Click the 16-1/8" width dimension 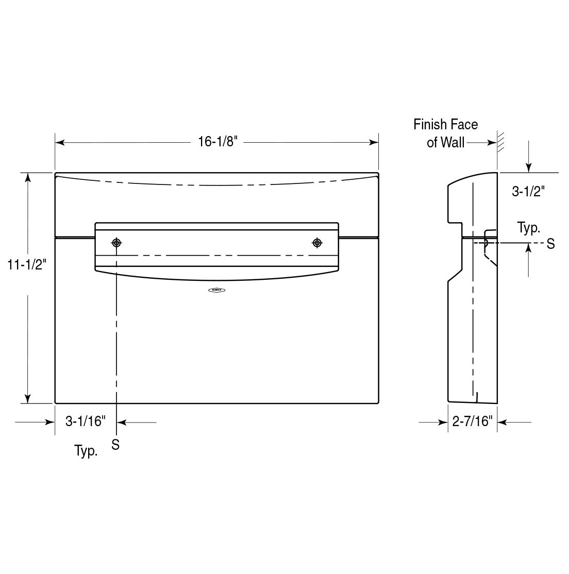point(217,142)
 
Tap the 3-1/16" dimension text point(86,422)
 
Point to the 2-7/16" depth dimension point(472,422)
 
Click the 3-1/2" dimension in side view point(528,192)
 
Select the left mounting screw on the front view point(117,242)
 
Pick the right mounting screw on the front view point(317,242)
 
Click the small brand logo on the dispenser point(217,291)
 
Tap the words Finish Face point(445,125)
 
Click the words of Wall point(445,142)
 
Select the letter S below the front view point(115,444)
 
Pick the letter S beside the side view point(550,244)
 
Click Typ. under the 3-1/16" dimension point(86,451)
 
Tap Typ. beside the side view point(528,228)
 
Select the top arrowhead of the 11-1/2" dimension point(28,178)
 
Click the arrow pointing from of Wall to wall point(482,143)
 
